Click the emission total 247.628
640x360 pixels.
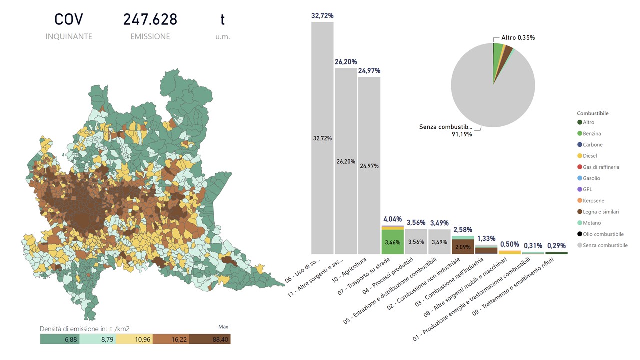[x=150, y=19]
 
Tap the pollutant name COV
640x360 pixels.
[x=69, y=19]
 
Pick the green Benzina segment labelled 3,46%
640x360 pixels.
[x=392, y=242]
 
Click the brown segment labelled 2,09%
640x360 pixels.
[x=462, y=247]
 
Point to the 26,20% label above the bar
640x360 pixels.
[x=346, y=62]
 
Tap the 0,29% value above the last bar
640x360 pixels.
[x=556, y=246]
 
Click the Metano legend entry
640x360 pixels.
[x=592, y=223]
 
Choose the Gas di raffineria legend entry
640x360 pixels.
[x=601, y=167]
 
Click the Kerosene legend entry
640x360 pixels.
[x=593, y=201]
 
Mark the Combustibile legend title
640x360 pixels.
[x=592, y=114]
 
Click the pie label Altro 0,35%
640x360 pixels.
[x=518, y=38]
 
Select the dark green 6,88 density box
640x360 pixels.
[x=59, y=339]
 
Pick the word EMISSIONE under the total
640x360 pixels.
[x=150, y=36]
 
